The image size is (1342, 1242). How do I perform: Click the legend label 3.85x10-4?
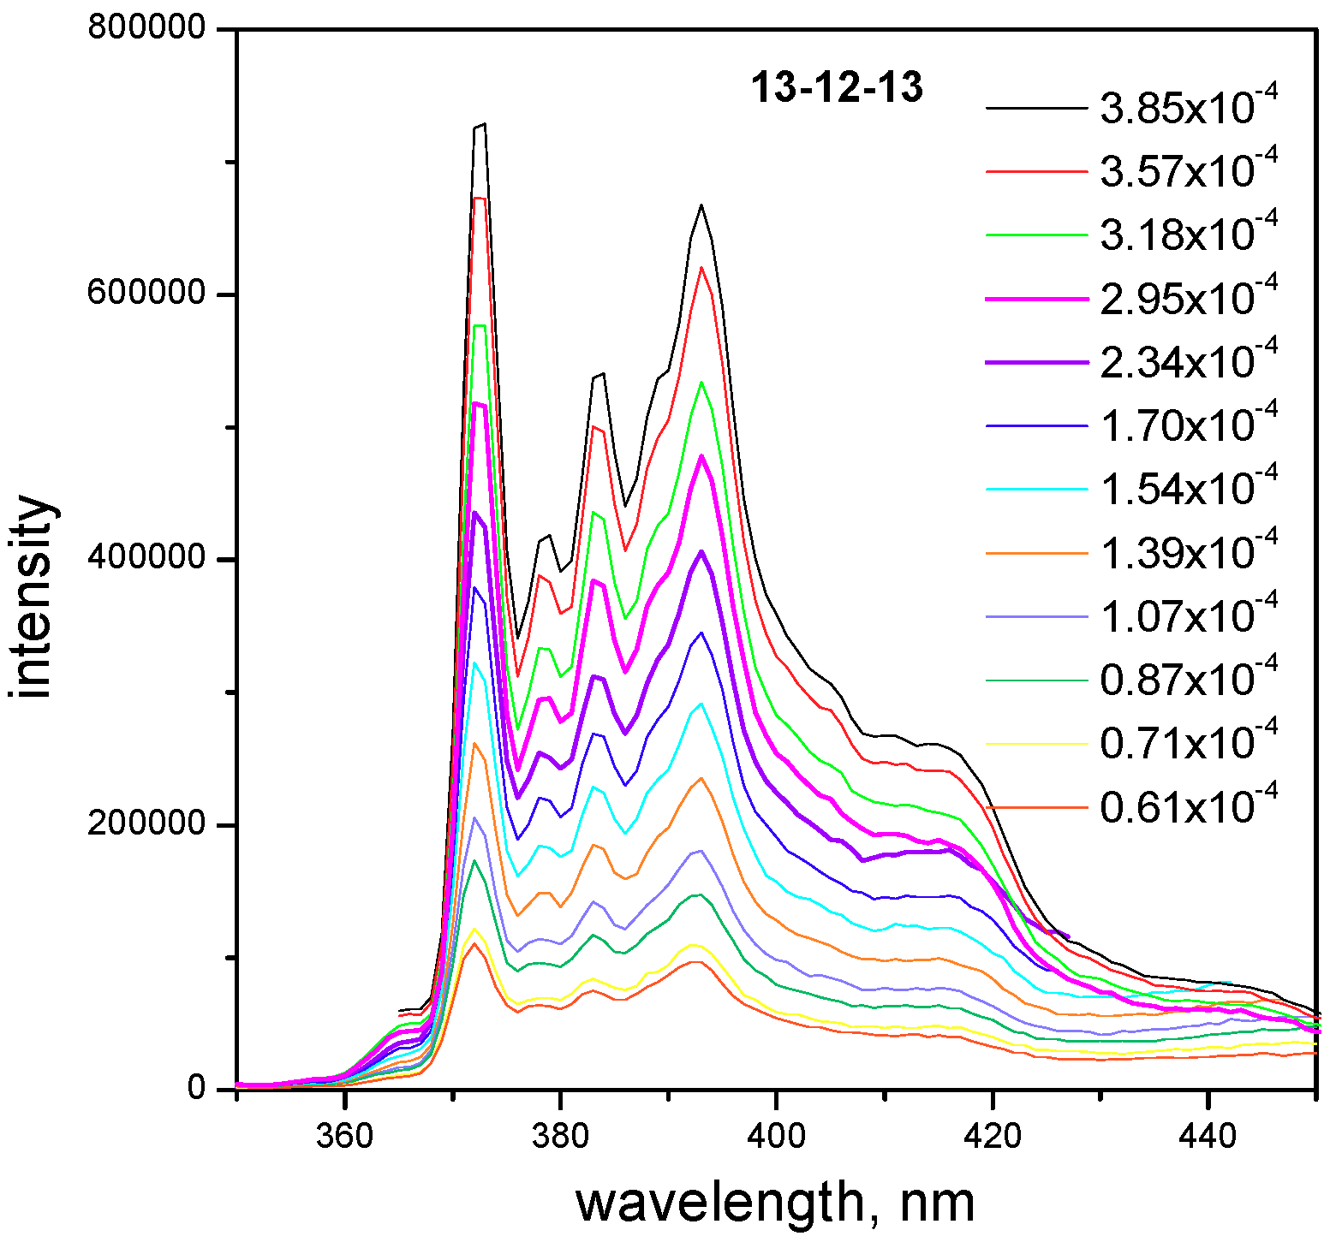point(1188,108)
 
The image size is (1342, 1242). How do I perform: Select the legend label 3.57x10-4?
point(1188,171)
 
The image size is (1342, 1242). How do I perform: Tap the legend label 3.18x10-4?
point(1188,235)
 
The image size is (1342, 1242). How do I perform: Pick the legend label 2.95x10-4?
point(1188,298)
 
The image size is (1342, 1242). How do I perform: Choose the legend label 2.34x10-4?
point(1188,362)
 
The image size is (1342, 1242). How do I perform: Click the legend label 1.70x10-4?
point(1188,425)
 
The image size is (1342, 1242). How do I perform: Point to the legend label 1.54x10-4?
point(1188,489)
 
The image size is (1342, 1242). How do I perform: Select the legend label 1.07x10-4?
point(1188,616)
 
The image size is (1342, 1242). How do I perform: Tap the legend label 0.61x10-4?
point(1188,807)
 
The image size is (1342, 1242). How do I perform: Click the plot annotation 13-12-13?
point(837,87)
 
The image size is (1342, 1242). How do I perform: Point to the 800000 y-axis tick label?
point(146,28)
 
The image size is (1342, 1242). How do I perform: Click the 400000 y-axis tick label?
point(146,559)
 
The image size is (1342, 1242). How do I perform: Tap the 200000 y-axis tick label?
point(146,824)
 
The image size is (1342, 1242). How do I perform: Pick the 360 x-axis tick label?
point(344,1135)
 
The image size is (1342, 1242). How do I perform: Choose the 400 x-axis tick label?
point(776,1135)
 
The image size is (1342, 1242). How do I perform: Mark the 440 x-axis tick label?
point(1208,1135)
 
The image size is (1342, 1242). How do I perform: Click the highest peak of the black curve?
point(484,124)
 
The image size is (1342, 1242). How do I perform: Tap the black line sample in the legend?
point(1036,109)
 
